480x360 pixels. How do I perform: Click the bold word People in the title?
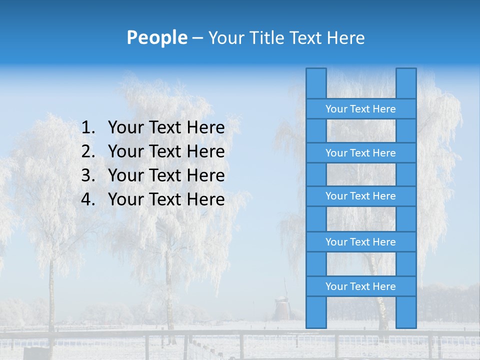tap(156, 37)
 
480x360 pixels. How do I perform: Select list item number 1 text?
tap(166, 128)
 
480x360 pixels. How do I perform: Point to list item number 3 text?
tap(166, 175)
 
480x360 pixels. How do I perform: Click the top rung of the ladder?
tap(360, 109)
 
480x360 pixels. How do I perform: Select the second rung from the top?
tap(360, 153)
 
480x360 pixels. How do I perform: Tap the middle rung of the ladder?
tap(360, 196)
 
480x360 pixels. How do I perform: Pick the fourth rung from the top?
tap(360, 242)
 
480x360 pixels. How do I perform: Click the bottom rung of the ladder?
tap(360, 286)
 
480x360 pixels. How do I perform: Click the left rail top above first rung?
tap(316, 83)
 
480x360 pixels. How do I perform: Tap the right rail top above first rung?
tap(406, 83)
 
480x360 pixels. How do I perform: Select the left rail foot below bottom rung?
tap(316, 312)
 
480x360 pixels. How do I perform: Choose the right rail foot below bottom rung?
tap(406, 312)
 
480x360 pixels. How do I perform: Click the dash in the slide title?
tap(197, 37)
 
